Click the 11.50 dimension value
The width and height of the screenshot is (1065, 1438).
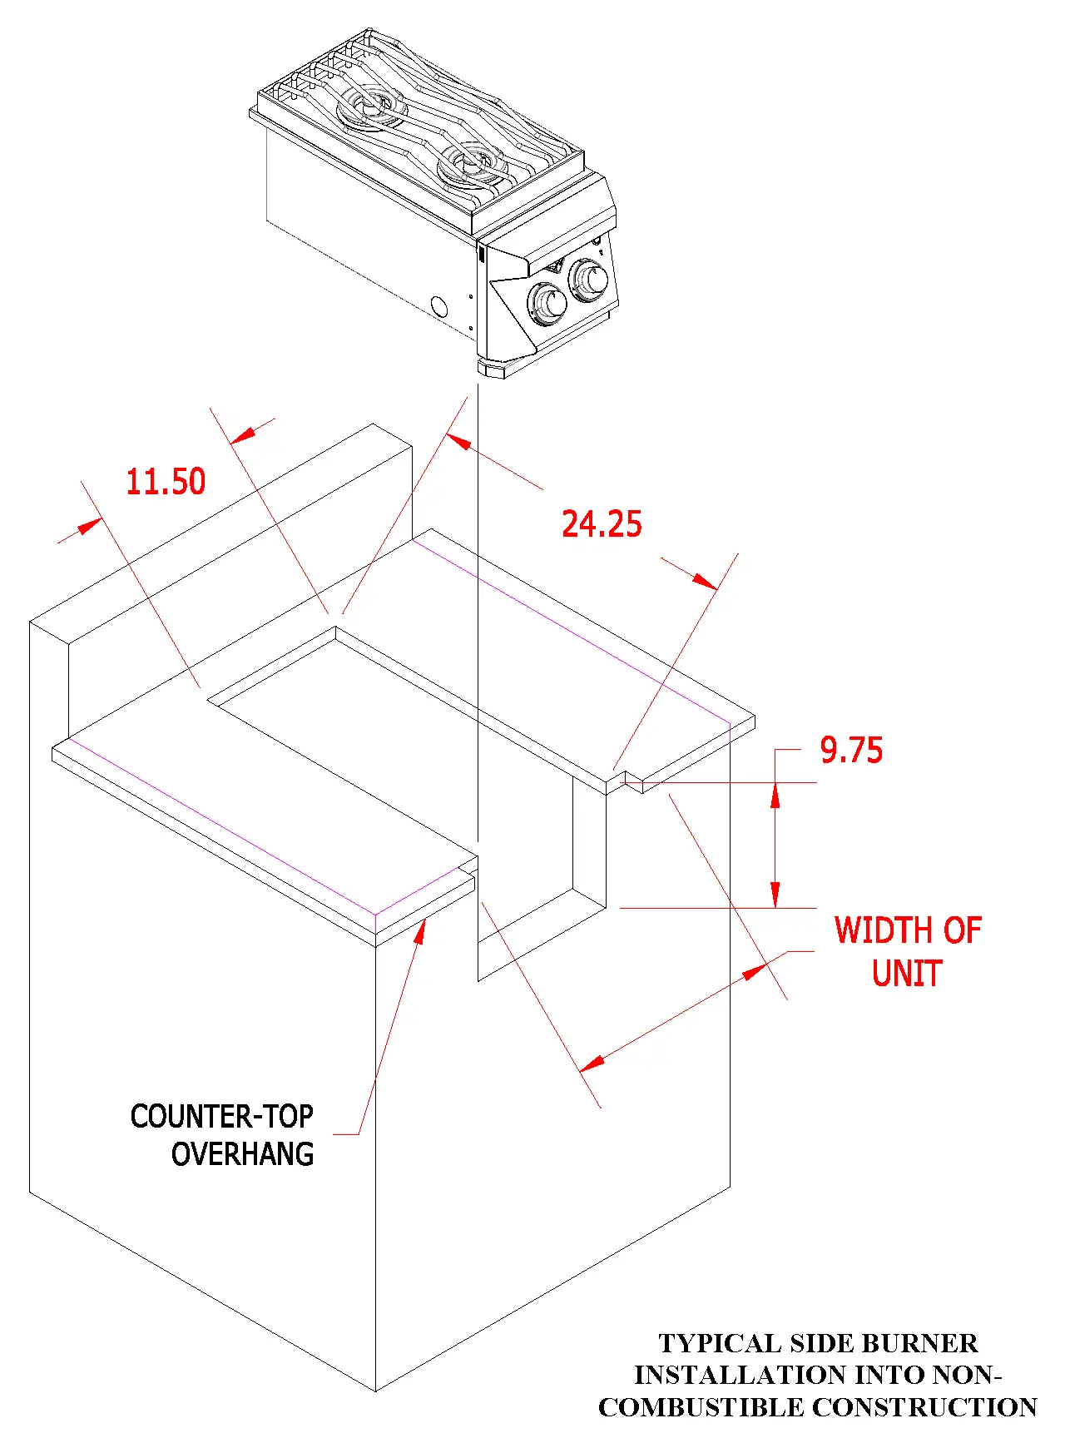(166, 483)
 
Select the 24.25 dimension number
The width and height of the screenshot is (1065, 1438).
(602, 524)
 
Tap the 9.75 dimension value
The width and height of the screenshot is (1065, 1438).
(850, 751)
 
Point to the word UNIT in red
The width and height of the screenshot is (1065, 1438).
(907, 974)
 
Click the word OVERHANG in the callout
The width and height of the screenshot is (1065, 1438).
(242, 1155)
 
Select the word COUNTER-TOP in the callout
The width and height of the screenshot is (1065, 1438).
(221, 1117)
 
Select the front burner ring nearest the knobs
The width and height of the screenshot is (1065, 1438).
(471, 161)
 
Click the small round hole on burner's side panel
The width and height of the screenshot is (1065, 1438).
(439, 308)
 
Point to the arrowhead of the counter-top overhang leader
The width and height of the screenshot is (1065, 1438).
(421, 929)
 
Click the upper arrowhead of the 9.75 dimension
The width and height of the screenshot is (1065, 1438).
(775, 796)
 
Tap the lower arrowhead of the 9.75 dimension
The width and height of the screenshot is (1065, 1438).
(775, 895)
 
